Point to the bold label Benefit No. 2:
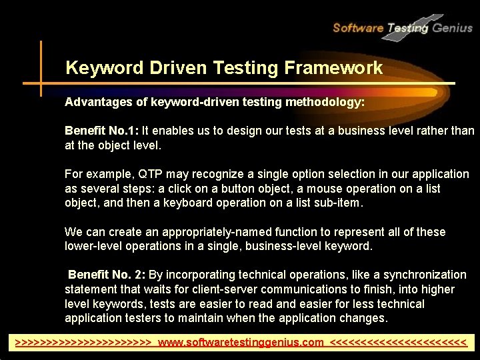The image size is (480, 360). click(107, 275)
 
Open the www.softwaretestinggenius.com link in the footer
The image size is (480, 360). click(241, 343)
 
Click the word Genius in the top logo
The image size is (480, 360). click(451, 27)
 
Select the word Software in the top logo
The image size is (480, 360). click(358, 27)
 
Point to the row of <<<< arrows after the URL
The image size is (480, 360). click(398, 343)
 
